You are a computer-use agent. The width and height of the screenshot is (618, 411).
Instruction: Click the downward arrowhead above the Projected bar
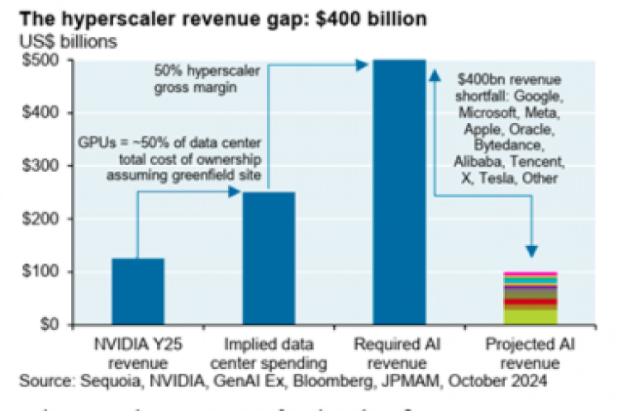point(532,250)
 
